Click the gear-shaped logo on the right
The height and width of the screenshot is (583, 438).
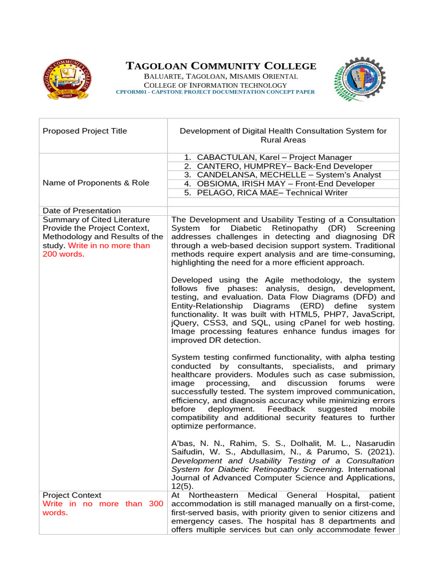pos(359,80)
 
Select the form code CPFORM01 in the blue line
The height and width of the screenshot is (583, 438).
pos(131,92)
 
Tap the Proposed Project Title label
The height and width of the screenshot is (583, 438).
pos(85,131)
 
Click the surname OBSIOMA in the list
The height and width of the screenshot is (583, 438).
pos(216,184)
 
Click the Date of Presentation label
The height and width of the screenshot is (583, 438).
pos(82,211)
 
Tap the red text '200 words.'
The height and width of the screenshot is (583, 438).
pos(63,254)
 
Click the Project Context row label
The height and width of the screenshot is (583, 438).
pos(72,495)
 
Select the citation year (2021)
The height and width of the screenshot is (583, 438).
pos(380,451)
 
